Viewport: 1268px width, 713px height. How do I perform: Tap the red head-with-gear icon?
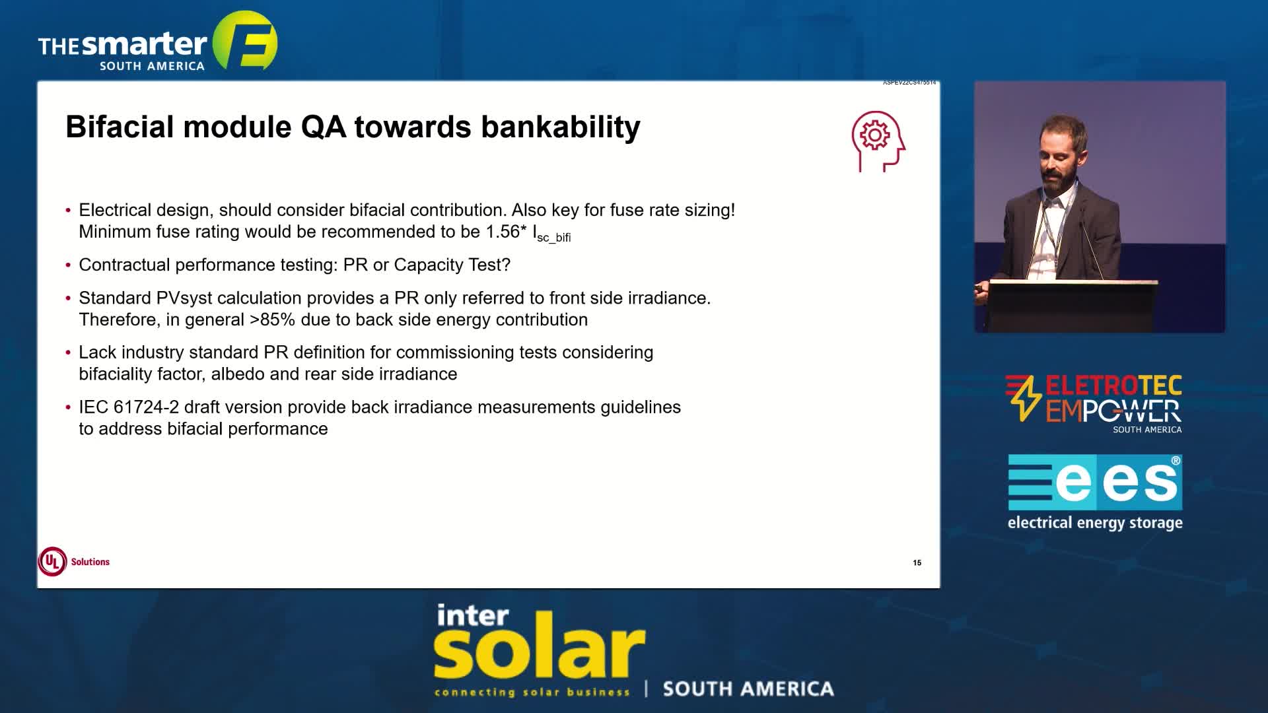coord(878,141)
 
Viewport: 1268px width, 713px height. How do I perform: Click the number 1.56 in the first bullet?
coord(503,232)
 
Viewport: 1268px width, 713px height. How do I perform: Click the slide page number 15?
coord(917,562)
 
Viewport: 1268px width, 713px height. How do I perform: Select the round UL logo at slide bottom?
coord(52,562)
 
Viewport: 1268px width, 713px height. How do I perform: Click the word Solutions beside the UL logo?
coord(90,562)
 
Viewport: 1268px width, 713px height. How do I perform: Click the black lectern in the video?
coord(1070,305)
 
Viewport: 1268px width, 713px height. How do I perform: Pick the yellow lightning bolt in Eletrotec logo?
coord(1024,398)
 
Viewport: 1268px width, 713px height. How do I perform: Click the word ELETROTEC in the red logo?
coord(1113,386)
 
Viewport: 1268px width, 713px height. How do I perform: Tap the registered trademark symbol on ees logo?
coord(1176,461)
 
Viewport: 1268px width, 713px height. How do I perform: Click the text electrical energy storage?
coord(1095,523)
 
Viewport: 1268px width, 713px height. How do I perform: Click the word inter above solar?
coord(473,615)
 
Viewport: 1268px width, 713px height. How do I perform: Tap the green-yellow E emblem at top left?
coord(245,40)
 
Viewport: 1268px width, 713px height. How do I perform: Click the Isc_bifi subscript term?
coord(552,234)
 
